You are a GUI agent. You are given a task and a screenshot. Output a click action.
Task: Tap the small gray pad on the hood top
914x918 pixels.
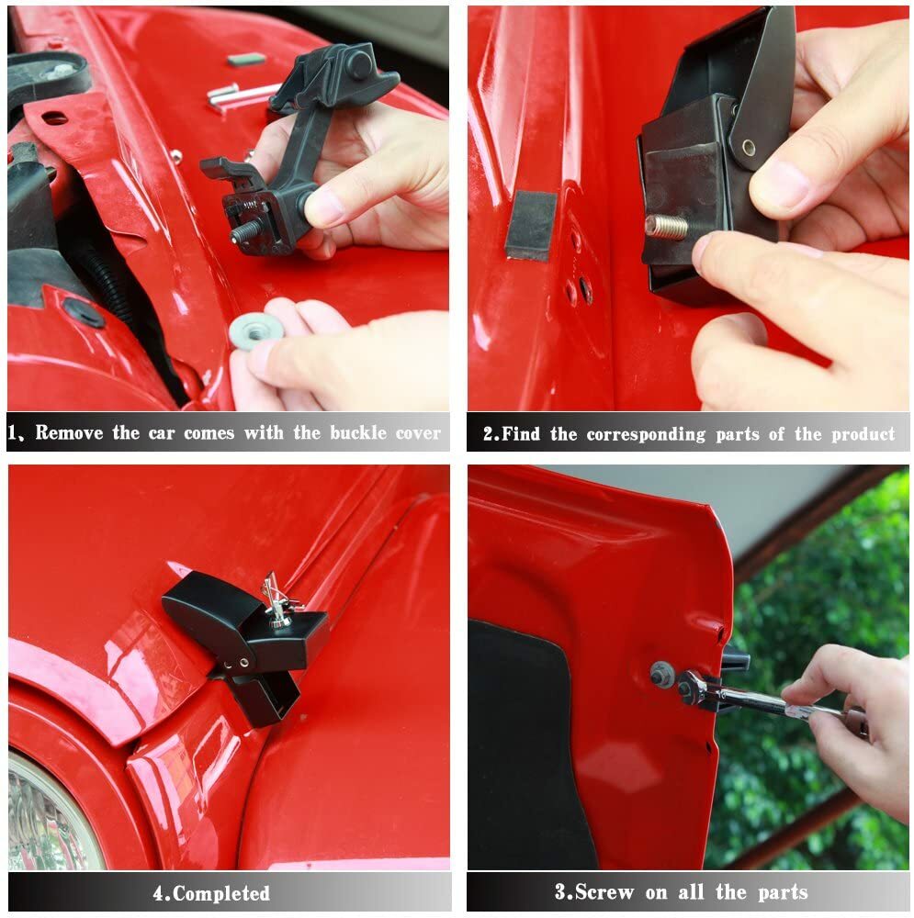[245, 60]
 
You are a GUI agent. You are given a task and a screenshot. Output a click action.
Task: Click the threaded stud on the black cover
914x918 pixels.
[666, 227]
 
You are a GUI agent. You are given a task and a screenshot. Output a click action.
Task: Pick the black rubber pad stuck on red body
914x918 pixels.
[531, 225]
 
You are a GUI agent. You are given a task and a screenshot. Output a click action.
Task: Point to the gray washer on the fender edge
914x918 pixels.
[661, 674]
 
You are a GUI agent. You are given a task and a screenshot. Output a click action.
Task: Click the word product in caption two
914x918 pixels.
[863, 434]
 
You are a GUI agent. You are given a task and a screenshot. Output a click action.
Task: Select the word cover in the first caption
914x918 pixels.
[419, 433]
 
